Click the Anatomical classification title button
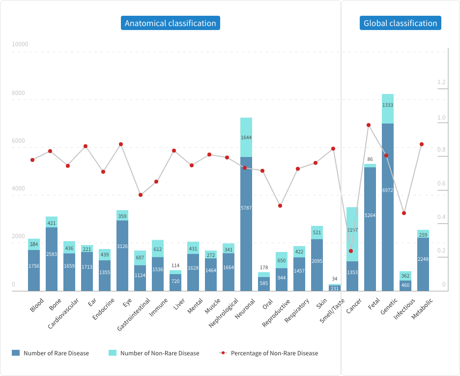[x=170, y=23]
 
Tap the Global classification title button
[x=400, y=23]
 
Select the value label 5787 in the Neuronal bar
[x=246, y=208]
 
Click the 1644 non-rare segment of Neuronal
[x=246, y=138]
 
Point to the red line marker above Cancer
[x=351, y=251]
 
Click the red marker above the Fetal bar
[x=369, y=125]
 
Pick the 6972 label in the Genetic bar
[x=388, y=189]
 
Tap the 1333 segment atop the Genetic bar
[x=388, y=105]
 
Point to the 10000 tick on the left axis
[x=20, y=44]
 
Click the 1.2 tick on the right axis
[x=441, y=82]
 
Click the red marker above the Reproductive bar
[x=280, y=206]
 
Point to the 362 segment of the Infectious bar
[x=405, y=276]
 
